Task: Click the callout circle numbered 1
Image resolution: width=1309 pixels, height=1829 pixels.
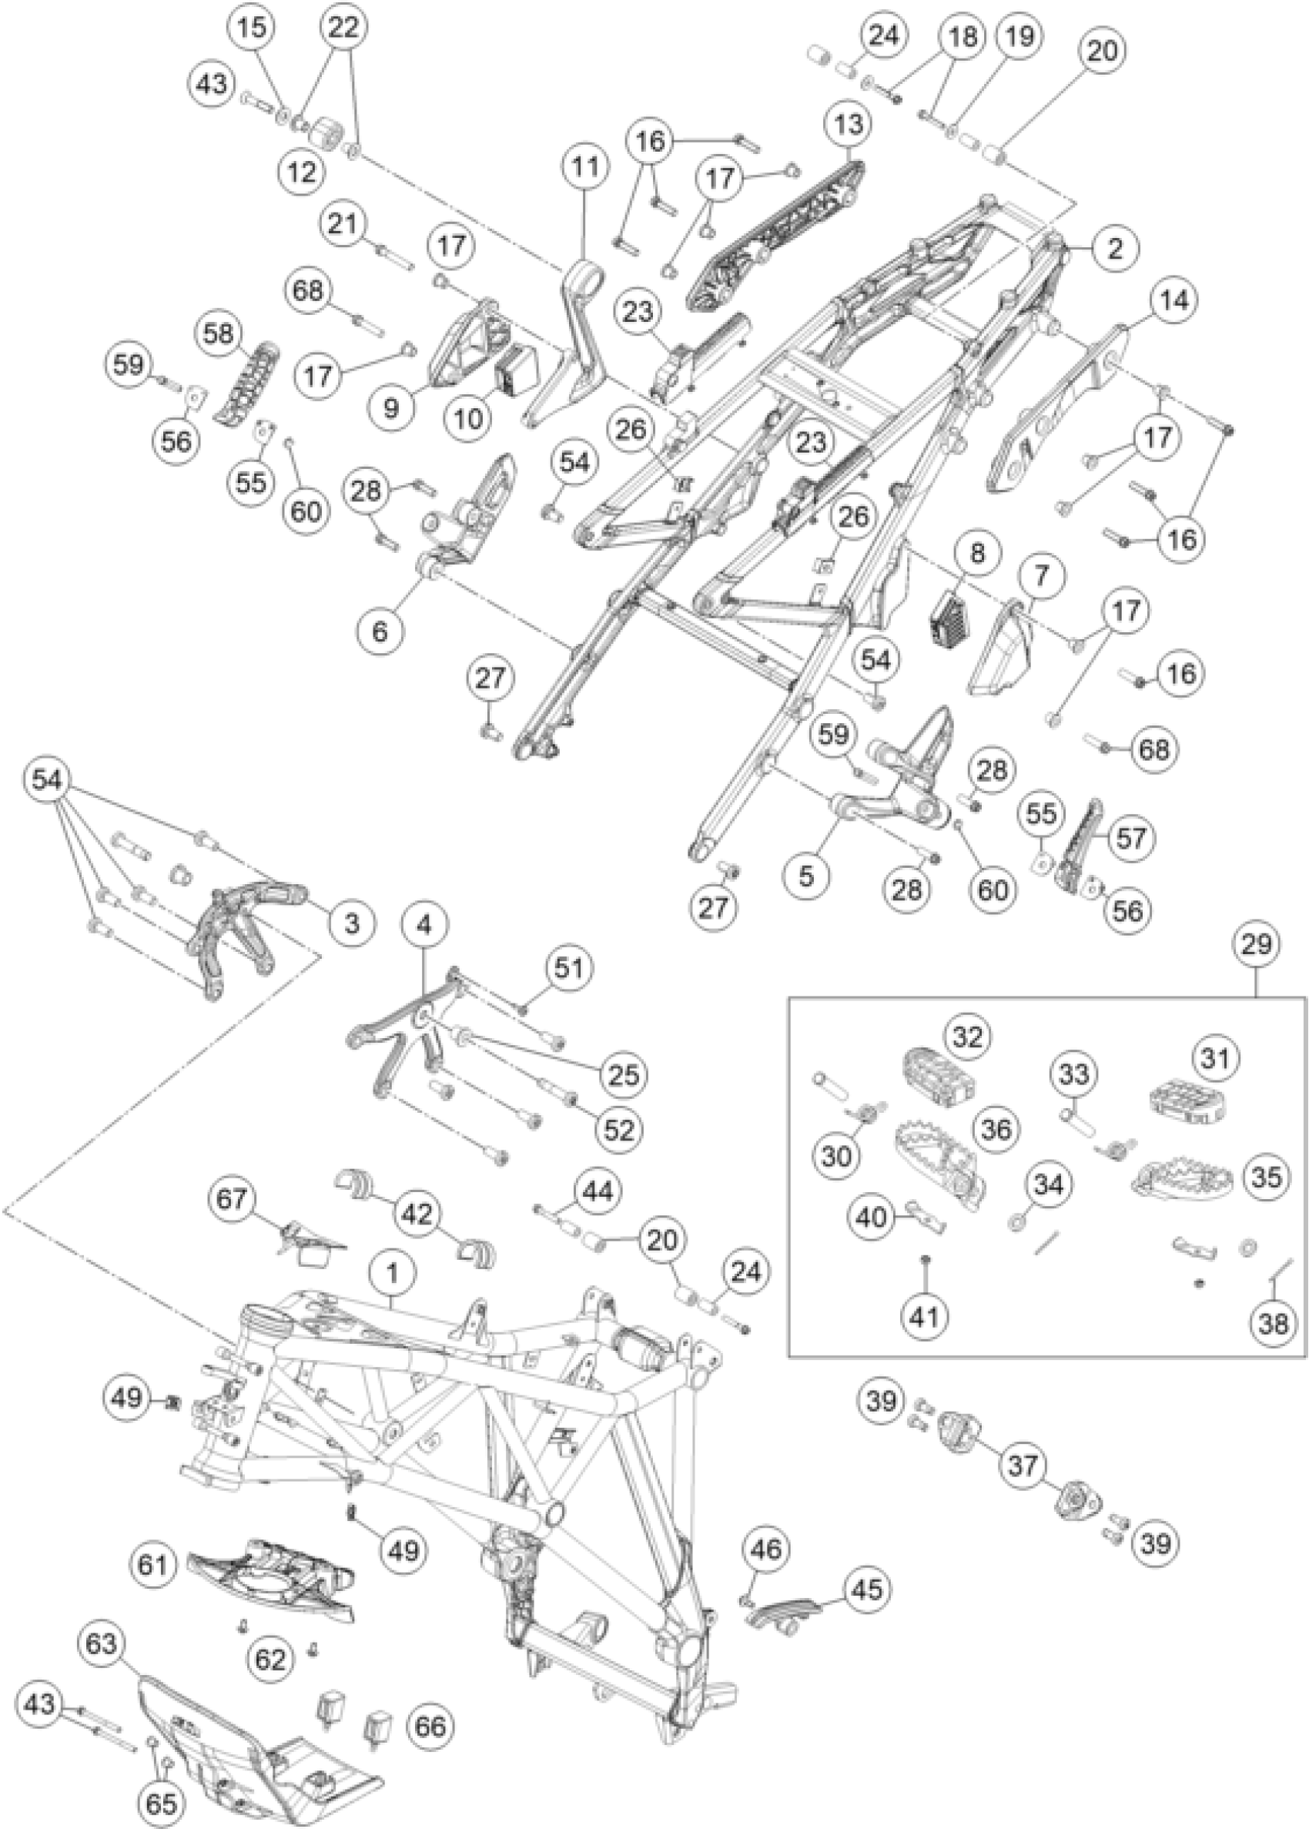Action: [393, 1274]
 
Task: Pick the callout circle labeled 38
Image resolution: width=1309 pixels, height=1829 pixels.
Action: [1273, 1322]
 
